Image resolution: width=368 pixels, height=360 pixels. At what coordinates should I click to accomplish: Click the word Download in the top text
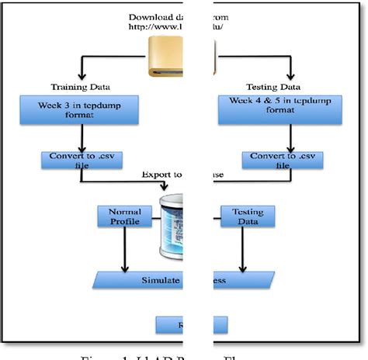151,16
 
